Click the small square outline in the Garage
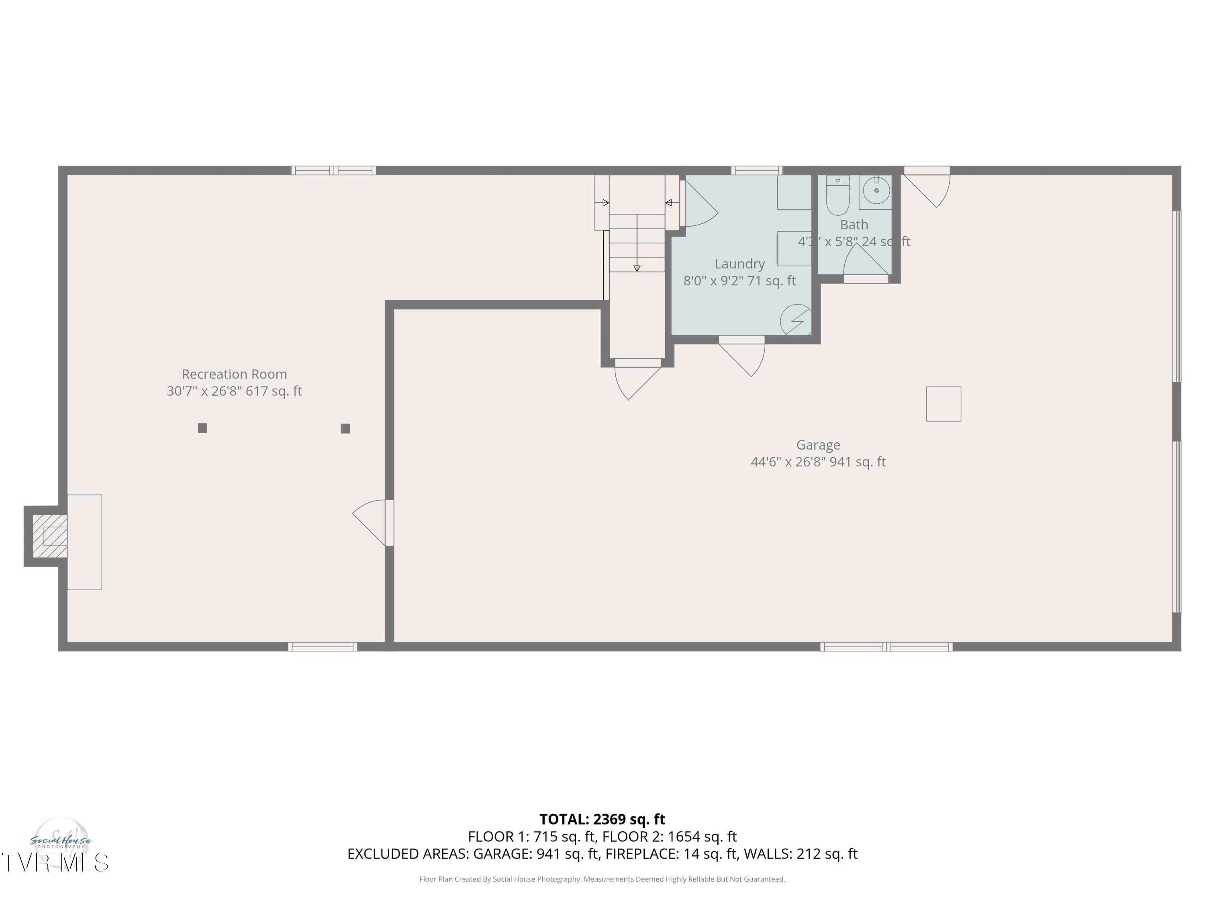tap(944, 404)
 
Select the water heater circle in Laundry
tap(796, 320)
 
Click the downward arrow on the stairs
tap(637, 243)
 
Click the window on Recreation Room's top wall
tap(333, 171)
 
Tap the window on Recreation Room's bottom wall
tap(323, 647)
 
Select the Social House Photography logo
tap(61, 841)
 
